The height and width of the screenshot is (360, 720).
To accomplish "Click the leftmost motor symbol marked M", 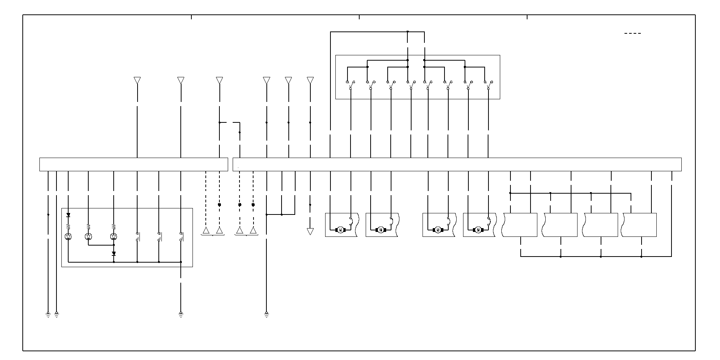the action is coord(340,230).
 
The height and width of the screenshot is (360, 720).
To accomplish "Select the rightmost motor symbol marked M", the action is coord(478,230).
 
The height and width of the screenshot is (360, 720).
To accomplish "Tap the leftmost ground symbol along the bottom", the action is coord(48,314).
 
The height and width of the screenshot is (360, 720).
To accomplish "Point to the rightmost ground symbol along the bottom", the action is coord(266,314).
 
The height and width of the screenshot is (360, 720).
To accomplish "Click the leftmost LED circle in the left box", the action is coord(68,237).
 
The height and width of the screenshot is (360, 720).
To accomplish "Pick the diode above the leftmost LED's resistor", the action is coord(68,215).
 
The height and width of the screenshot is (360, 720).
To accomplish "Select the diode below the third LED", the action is coord(114,253).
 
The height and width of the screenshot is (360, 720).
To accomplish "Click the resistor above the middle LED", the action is coord(88,226).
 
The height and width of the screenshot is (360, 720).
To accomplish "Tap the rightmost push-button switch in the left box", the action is coord(181,237).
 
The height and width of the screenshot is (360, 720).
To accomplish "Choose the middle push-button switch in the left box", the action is coord(160,237).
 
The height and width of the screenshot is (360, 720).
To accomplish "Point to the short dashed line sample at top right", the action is coord(632,33).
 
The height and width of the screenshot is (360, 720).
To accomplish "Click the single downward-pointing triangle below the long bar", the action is coord(310,231).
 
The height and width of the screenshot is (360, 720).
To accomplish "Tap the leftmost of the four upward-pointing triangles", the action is coord(206,230).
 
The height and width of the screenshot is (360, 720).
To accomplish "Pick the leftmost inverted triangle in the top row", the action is coord(137,80).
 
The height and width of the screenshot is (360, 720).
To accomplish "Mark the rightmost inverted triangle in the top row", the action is coord(310,80).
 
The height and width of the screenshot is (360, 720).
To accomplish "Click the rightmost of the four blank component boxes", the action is coord(640,225).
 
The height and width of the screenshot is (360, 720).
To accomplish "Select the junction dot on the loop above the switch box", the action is coord(408,31).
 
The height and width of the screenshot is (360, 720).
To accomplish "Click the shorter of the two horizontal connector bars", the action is coord(134,164).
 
